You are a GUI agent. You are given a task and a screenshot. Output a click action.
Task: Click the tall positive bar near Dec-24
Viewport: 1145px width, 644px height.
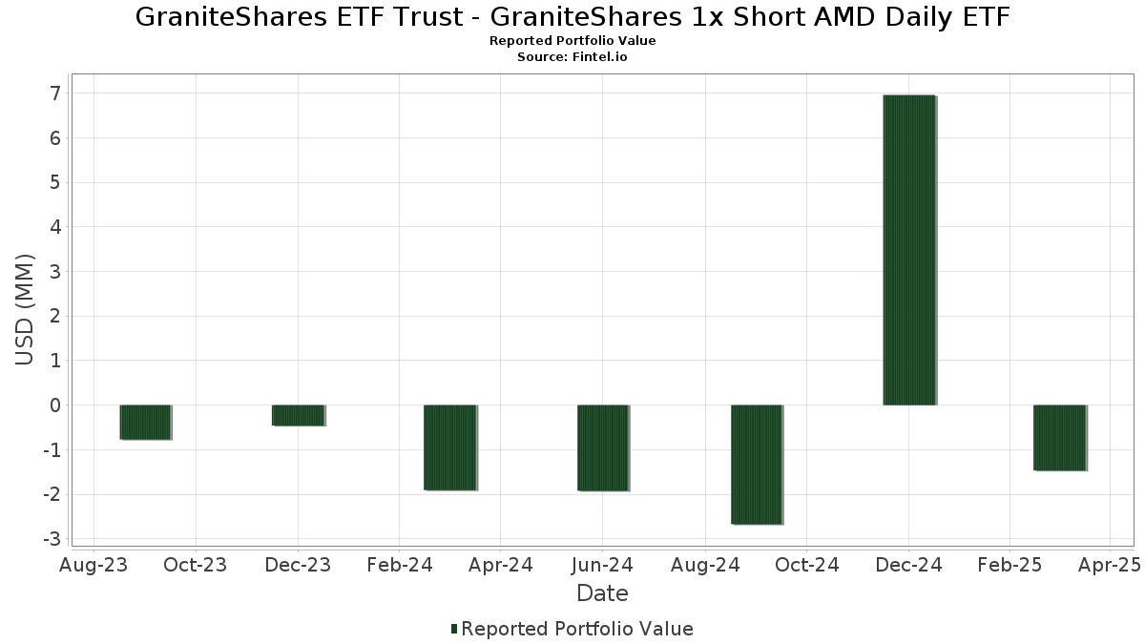(909, 250)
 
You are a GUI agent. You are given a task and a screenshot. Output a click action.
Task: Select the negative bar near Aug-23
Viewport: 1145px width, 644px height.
(145, 422)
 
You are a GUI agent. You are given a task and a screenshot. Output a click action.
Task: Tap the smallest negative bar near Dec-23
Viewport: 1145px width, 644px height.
(299, 415)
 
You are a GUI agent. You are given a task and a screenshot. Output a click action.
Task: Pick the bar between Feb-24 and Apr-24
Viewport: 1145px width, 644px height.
(450, 447)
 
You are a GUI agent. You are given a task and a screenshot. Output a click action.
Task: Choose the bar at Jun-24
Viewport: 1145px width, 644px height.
(603, 447)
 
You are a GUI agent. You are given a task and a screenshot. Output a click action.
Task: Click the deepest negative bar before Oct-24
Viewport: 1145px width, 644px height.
(757, 465)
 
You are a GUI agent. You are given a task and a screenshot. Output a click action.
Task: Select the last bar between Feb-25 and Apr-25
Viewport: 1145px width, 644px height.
(1060, 438)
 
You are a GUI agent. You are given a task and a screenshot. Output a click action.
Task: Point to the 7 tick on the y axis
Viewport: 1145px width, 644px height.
(55, 93)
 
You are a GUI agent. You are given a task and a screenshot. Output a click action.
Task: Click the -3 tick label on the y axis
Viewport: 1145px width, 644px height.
(52, 539)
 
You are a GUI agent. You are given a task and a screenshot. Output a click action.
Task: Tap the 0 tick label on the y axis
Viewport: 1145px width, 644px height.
(55, 405)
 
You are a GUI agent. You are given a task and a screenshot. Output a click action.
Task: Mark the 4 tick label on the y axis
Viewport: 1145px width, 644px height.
(55, 227)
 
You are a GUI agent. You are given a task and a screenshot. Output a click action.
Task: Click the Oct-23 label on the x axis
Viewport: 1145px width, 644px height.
(196, 566)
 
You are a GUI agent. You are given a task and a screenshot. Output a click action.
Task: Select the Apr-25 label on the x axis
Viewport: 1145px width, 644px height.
(1109, 566)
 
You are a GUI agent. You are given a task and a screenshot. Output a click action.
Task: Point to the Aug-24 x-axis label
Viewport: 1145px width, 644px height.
(704, 566)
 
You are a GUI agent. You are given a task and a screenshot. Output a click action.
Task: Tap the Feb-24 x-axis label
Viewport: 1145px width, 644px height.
(400, 566)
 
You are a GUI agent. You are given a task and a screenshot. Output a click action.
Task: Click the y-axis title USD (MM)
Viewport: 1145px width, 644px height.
(25, 310)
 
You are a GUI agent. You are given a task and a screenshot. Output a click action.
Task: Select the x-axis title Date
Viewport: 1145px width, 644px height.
(602, 593)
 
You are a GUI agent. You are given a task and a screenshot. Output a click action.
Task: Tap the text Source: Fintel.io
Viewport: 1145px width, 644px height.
(572, 56)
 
